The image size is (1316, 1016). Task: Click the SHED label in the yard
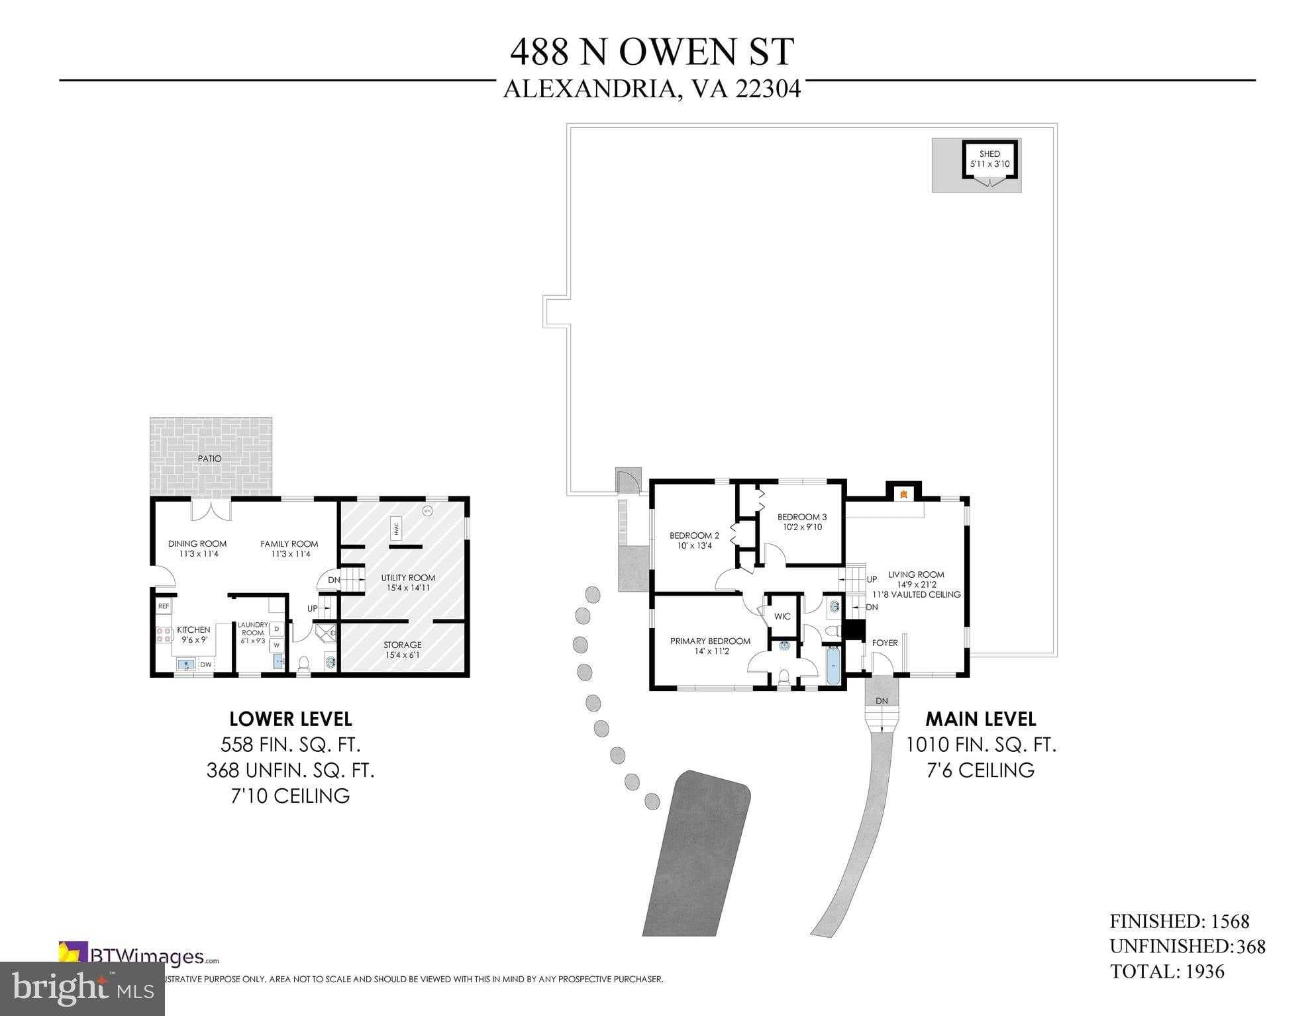point(989,154)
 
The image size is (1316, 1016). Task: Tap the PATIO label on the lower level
point(209,459)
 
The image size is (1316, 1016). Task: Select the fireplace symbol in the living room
point(902,493)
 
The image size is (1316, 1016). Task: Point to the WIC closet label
point(782,616)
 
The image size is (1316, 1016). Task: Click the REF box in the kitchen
point(164,606)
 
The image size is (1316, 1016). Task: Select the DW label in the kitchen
point(206,665)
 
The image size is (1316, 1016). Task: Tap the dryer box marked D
point(277,629)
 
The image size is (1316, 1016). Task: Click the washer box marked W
point(277,645)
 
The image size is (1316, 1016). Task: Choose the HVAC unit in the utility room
point(396,528)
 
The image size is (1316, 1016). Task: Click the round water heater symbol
point(427,511)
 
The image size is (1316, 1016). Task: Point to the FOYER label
point(884,643)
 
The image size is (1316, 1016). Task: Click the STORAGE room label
point(402,645)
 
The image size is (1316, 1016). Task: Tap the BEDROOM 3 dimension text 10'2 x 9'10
point(802,528)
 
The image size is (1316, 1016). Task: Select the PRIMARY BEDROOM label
point(710,641)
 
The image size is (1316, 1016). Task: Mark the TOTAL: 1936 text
point(1167,972)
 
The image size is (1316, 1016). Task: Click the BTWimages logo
point(139,956)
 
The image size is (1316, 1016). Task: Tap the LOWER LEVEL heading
point(290,719)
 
